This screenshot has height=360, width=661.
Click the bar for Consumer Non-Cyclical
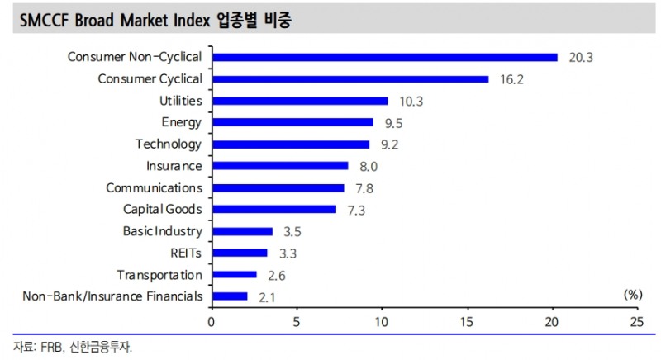point(385,57)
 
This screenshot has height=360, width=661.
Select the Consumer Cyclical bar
point(350,79)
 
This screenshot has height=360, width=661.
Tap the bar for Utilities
point(300,101)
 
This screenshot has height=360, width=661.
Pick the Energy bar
point(293,122)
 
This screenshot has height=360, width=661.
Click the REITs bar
point(240,253)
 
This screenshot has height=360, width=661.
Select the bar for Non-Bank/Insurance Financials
point(230,296)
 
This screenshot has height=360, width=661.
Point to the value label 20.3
point(582,58)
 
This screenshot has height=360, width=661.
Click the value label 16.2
point(512,80)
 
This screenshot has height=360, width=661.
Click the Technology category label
point(168,144)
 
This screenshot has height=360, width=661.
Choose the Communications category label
point(154,187)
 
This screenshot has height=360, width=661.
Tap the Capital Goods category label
point(162,210)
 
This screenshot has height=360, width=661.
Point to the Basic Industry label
point(162,231)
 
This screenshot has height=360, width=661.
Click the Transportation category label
point(159,275)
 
